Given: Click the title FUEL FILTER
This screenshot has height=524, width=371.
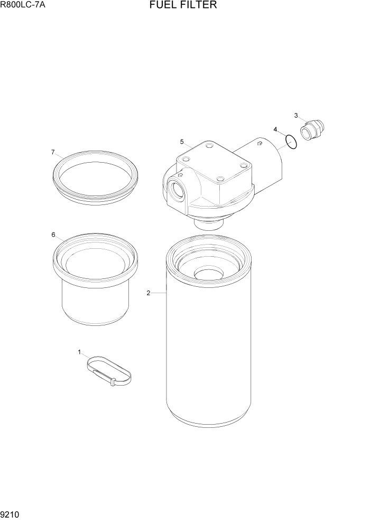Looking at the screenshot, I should (x=183, y=6).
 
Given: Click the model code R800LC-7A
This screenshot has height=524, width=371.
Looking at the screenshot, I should (x=23, y=6).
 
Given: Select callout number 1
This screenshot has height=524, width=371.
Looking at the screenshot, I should (x=80, y=352).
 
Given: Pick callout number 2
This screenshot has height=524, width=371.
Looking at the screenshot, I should (x=149, y=293).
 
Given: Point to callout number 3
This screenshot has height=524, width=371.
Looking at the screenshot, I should (x=296, y=115).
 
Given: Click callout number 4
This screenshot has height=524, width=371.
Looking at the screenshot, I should (x=275, y=129).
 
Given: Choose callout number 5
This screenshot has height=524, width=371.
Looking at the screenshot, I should (x=182, y=142).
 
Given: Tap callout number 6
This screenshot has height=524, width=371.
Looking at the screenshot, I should (x=53, y=235).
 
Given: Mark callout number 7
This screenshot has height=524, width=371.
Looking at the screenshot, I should (x=53, y=152).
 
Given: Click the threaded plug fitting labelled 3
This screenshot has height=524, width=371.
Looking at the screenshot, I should (x=313, y=130).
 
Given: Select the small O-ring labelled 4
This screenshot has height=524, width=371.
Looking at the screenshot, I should (x=291, y=142).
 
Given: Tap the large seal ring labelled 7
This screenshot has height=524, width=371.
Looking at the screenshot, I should (x=96, y=175).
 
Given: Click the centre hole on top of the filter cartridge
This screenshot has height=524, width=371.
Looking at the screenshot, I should (x=209, y=274).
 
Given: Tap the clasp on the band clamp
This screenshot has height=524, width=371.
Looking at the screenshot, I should (x=113, y=381).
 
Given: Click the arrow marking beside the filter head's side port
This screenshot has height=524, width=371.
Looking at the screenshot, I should (x=181, y=175).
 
